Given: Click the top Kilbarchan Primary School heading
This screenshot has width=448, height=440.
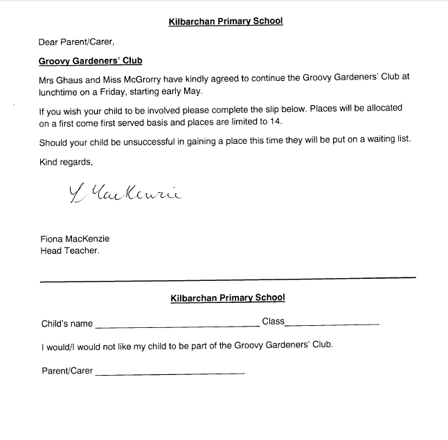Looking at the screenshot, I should [x=226, y=21].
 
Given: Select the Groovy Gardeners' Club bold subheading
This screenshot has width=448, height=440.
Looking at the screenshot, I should [x=90, y=61].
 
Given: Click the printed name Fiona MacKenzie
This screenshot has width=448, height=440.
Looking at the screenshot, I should [x=75, y=239].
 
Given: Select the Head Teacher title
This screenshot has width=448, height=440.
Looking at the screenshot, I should [x=70, y=250].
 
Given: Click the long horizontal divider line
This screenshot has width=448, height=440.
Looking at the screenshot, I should [x=228, y=279].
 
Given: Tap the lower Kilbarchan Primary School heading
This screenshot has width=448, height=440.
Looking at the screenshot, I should [x=227, y=298].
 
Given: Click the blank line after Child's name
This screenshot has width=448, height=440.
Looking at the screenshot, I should [x=177, y=325].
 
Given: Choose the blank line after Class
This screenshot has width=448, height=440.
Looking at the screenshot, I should [x=332, y=324].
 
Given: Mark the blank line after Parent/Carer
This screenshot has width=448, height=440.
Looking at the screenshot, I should [x=170, y=374].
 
